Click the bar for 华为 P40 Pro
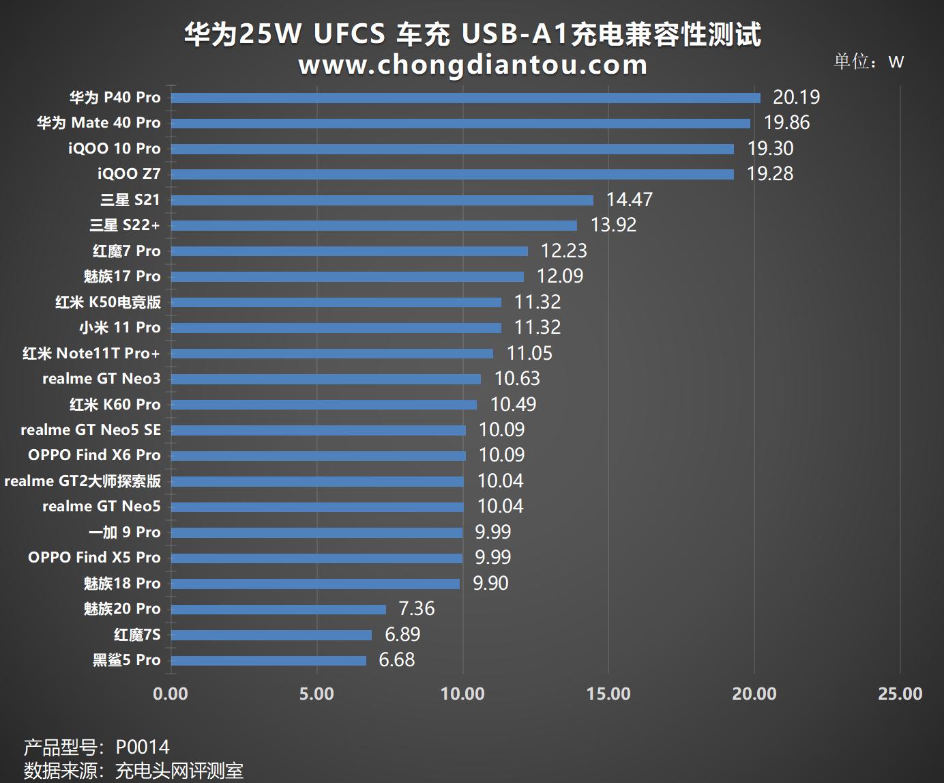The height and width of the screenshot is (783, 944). coord(465,98)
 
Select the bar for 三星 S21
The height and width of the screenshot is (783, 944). coord(382,200)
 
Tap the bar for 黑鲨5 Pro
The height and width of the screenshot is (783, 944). coord(268,660)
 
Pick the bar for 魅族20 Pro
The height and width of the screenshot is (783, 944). coord(278,609)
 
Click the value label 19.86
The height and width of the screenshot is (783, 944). coord(786,123)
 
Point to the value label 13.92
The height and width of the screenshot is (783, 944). coord(613,225)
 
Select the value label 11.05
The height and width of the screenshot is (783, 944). coord(529,353)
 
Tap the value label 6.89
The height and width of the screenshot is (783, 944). coord(402,634)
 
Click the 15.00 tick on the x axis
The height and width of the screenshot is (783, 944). coord(608,694)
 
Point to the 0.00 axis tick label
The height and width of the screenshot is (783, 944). coord(171,694)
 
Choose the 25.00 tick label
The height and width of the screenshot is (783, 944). coord(900,694)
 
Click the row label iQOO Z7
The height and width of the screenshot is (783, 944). coord(129,174)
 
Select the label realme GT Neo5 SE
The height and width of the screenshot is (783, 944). coord(91,430)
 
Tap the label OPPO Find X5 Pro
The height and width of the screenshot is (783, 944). coord(94,558)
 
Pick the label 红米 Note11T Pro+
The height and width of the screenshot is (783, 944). coord(91,354)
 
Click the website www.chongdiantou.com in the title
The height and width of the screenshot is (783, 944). coord(472,65)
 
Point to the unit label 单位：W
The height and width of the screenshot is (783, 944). coord(868,61)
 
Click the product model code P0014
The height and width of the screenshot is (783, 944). coord(143,747)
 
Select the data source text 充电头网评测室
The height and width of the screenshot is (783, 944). coord(179,771)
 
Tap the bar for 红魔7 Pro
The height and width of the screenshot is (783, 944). coord(349,251)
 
